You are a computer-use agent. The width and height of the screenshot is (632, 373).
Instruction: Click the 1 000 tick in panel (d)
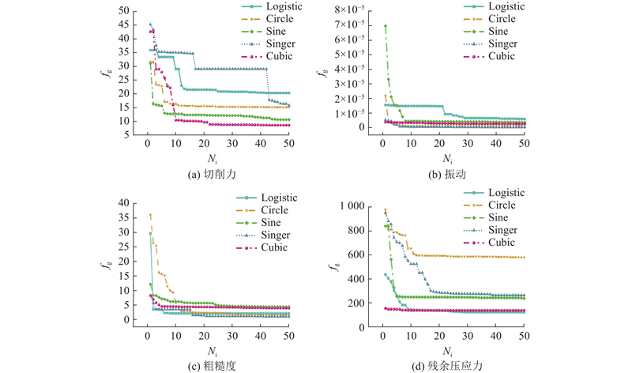point(356,206)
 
